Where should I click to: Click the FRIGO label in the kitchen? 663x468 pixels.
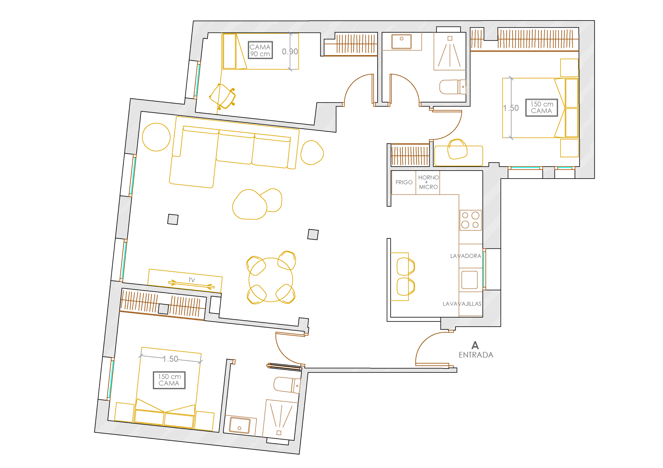404,182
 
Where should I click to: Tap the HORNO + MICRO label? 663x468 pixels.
428,182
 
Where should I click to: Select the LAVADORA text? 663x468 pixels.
465,256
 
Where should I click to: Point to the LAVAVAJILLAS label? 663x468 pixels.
462,304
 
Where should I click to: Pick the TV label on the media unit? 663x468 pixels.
191,280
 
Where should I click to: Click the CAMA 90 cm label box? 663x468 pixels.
260,50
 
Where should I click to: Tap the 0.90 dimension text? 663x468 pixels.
290,52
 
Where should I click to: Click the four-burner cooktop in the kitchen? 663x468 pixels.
470,220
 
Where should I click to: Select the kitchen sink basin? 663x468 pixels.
469,280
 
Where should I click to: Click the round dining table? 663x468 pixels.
271,280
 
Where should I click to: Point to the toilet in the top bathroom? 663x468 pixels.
452,87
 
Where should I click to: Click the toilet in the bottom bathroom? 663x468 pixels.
287,385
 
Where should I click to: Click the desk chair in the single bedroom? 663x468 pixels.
223,96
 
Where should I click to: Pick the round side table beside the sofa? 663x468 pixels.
156,137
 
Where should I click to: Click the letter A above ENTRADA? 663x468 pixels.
475,345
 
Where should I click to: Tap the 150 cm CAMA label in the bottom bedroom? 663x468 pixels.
169,380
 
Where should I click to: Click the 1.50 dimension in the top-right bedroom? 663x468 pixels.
511,108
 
